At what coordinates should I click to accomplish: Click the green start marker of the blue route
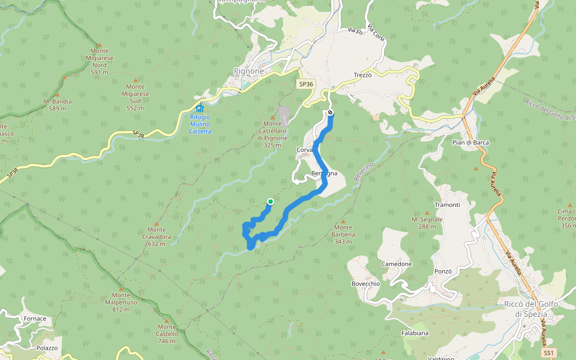coord(271,202)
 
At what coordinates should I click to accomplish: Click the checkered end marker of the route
coord(330,113)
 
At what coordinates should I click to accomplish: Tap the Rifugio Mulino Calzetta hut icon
coord(200,109)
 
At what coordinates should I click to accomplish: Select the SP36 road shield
coord(306,84)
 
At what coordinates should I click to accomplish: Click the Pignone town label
coord(248,71)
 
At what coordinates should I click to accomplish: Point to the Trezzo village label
coord(363,75)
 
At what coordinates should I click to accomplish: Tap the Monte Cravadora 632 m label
coord(157,236)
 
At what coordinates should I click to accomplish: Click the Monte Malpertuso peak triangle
coord(121,289)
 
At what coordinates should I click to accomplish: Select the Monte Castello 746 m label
coord(167,337)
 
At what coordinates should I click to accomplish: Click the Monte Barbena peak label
coord(343,231)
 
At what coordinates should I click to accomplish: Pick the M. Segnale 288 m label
coord(427,223)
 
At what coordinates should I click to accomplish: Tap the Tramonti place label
coord(447,205)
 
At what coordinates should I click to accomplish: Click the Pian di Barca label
coord(470,142)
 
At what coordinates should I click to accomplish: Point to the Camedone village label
coord(397,264)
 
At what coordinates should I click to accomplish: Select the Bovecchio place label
coord(365,283)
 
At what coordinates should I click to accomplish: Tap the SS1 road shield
coord(548,353)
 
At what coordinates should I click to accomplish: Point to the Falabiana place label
coord(415,332)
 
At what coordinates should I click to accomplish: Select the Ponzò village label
coord(443,271)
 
